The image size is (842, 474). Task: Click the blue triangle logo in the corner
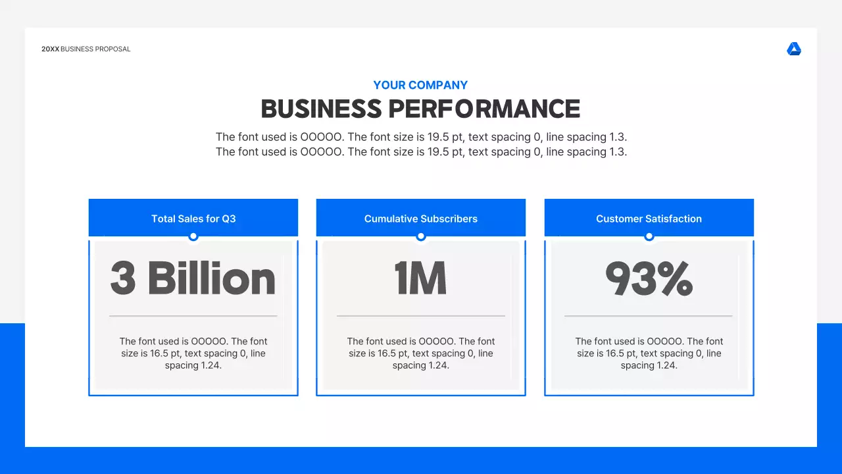coord(794,49)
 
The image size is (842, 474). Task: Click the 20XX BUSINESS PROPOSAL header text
coord(86,49)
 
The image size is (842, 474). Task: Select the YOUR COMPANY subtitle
coord(420,85)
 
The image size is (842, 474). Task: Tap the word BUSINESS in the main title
coord(321,109)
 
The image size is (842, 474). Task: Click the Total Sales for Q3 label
coord(193,219)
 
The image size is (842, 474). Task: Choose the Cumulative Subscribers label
coord(421,219)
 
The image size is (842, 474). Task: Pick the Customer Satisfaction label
coord(649,219)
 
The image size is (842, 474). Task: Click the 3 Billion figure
coord(193,278)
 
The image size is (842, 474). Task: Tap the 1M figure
coord(421,278)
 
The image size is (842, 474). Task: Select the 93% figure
coord(649,278)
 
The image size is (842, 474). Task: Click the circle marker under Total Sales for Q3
coord(193,236)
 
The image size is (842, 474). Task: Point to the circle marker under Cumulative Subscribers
coord(421,236)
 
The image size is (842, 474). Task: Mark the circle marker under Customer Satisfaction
coord(649,236)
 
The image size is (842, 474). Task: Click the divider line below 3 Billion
coord(193,316)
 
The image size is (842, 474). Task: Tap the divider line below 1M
coord(421,316)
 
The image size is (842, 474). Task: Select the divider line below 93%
coord(649,316)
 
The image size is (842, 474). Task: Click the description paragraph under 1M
coord(421,354)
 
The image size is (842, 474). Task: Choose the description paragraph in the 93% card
coord(649,354)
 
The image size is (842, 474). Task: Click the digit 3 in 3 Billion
coord(123,278)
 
